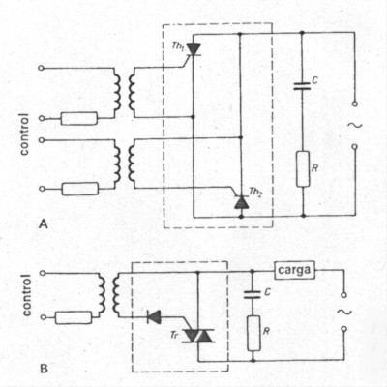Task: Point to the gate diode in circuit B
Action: pyautogui.click(x=153, y=315)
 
